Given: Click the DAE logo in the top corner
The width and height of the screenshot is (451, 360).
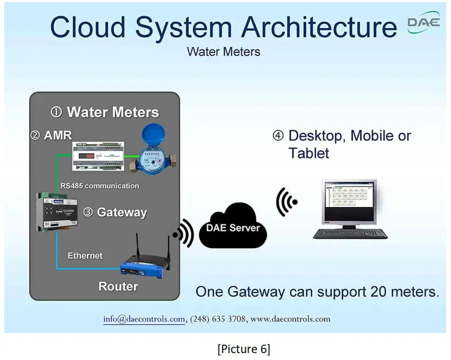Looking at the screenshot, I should click(423, 23).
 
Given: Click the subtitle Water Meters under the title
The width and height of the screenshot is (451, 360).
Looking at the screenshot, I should click(223, 52).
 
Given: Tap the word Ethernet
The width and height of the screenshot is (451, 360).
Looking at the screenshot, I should click(85, 256).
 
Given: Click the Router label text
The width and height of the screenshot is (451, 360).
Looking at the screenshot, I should click(118, 286).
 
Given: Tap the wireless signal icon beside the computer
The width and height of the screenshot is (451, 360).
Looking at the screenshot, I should click(286, 202).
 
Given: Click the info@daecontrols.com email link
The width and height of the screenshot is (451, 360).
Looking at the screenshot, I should click(144, 319).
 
